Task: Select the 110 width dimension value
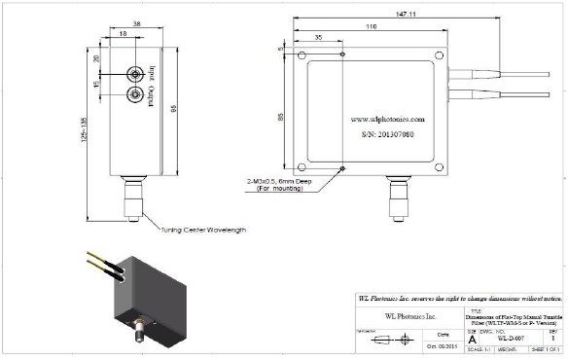pyautogui.click(x=372, y=28)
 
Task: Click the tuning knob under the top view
pyautogui.click(x=396, y=198)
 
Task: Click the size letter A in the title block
pyautogui.click(x=473, y=339)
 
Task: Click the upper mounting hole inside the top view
pyautogui.click(x=342, y=55)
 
